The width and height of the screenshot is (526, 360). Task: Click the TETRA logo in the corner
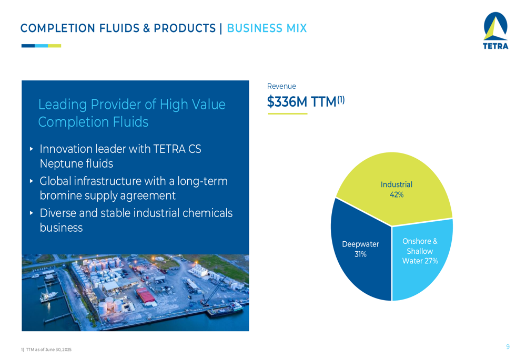(x=495, y=30)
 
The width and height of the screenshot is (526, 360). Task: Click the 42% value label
(x=397, y=195)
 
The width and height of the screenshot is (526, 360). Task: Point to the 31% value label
(x=361, y=254)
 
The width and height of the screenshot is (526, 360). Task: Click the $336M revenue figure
(x=287, y=101)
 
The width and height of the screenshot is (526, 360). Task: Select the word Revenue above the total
(x=281, y=86)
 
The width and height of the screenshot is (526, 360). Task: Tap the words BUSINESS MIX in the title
(x=267, y=28)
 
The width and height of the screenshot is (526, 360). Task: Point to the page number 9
(x=508, y=346)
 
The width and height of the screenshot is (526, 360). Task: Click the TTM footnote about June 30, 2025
(x=46, y=349)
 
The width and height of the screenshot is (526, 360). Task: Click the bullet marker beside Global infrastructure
(x=32, y=181)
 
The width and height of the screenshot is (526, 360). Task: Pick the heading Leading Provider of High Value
(x=132, y=105)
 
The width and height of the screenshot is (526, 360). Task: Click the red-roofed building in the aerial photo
(x=145, y=295)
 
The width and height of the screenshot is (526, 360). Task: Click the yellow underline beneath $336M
(x=288, y=114)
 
